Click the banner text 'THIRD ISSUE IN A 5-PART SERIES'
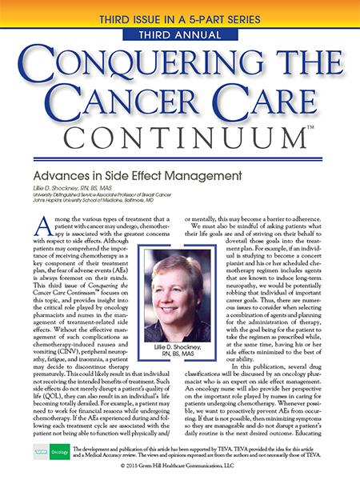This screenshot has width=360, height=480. coord(180,17)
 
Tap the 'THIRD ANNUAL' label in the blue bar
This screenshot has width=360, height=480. coord(180,34)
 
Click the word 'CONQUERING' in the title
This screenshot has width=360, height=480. coord(180,64)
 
